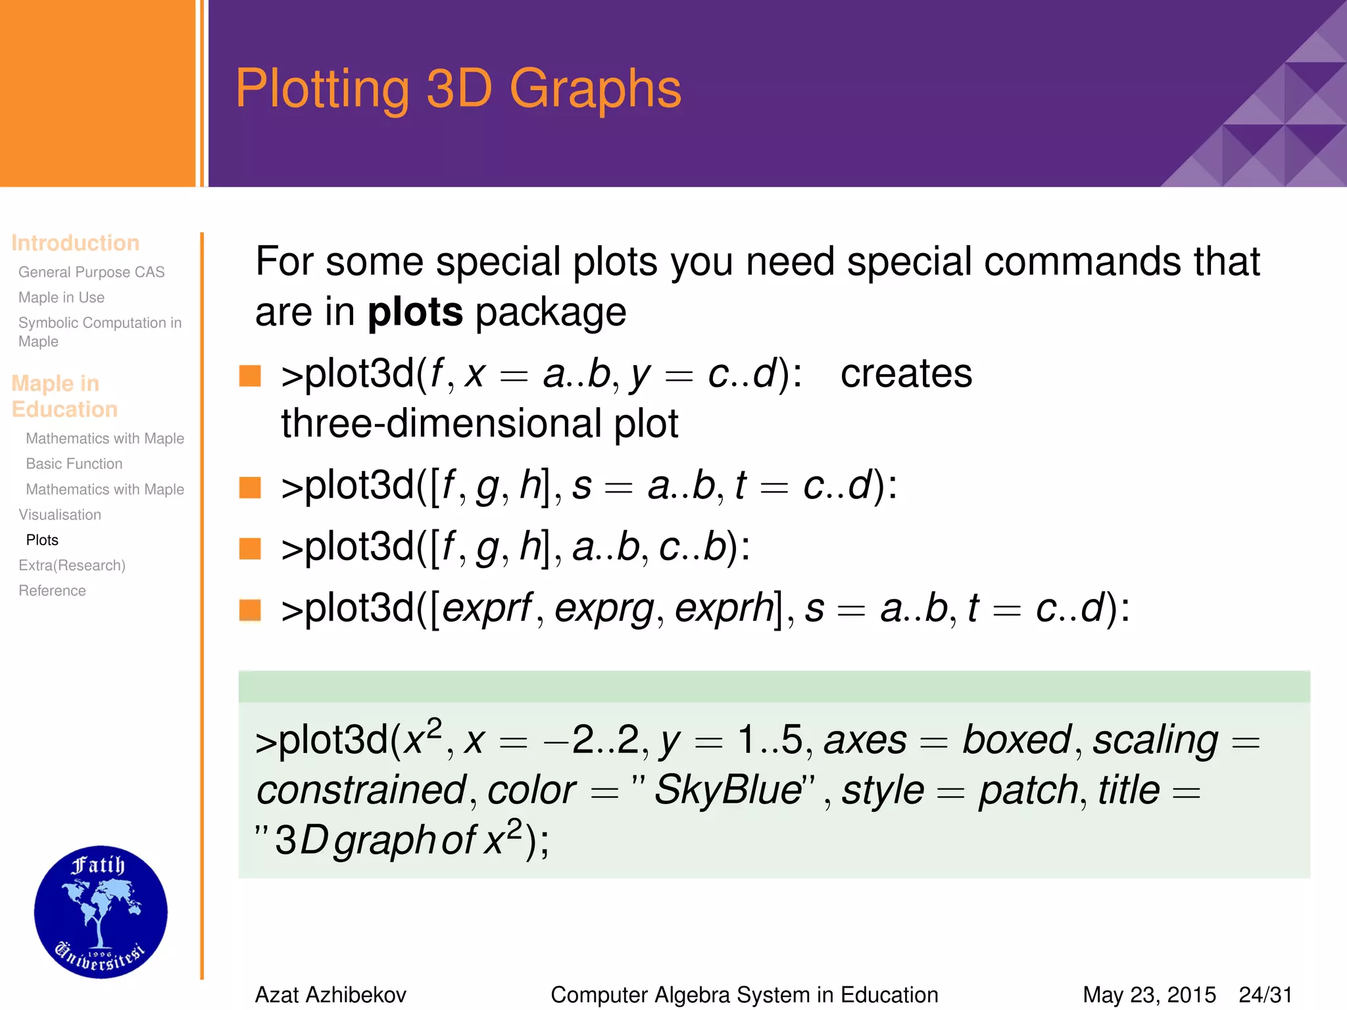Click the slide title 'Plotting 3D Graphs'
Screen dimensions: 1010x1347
(458, 89)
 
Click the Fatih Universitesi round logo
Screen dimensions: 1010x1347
(101, 911)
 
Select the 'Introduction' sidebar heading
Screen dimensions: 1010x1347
(75, 243)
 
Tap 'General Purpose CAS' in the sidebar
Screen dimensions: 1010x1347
(91, 272)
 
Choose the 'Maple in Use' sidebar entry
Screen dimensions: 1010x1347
(61, 297)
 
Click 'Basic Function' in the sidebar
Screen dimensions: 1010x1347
(74, 464)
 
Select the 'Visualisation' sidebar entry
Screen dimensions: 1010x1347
(60, 515)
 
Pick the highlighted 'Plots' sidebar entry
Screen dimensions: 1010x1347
(42, 540)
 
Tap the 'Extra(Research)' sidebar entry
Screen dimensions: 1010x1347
(72, 565)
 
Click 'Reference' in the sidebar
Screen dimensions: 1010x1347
(52, 590)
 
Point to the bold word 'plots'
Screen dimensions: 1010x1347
(415, 312)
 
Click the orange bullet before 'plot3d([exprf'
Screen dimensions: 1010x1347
(250, 610)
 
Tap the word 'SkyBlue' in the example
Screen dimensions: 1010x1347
(728, 790)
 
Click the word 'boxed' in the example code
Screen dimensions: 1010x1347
(1016, 740)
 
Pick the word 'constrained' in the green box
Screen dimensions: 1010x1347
(361, 790)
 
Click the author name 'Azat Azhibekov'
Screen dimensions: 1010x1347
(330, 995)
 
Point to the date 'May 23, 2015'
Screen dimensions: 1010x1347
(1149, 995)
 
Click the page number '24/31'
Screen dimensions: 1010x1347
(1265, 995)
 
